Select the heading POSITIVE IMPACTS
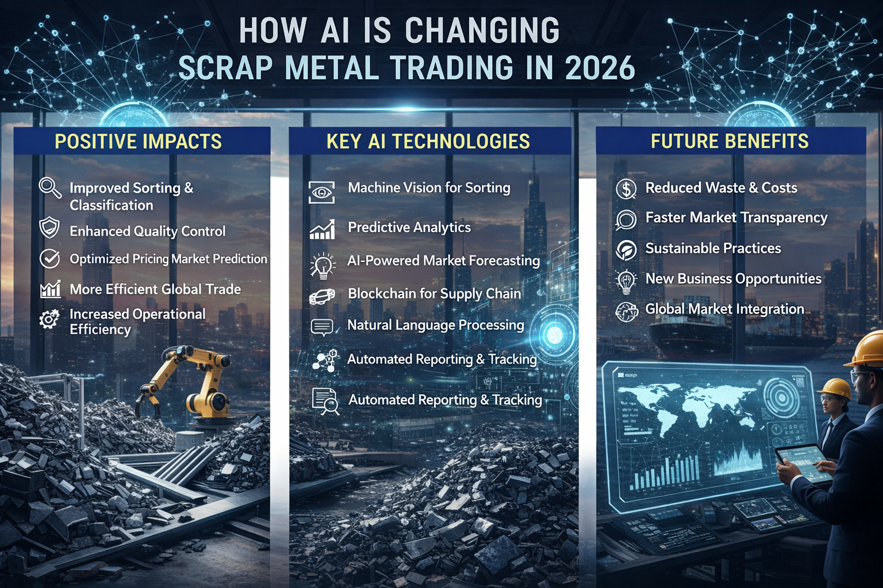coord(138,141)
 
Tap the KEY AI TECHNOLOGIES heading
coord(428,141)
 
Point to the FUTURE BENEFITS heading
coord(730,141)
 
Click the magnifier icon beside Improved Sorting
coord(50,188)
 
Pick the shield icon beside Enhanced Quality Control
coord(49,228)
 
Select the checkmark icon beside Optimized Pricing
coord(49,258)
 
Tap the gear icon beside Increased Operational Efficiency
coord(49,319)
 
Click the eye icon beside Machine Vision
coord(321,192)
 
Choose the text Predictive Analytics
coord(409,227)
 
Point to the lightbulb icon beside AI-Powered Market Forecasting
coord(323,265)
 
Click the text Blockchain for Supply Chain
coord(434,293)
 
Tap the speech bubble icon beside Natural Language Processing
coord(321,327)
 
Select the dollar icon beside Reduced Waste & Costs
coord(626,188)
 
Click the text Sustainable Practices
coord(713,248)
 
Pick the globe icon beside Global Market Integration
coord(627,312)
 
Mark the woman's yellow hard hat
coord(835,388)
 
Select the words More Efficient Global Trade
coord(155,289)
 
